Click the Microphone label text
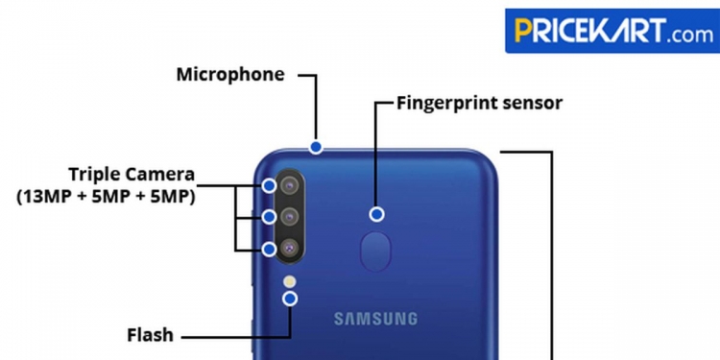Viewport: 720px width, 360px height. (x=230, y=75)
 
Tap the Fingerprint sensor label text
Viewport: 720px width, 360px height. (x=480, y=103)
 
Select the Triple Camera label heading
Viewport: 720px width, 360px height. (x=132, y=175)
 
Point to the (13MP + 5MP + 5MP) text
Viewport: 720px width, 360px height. (x=106, y=197)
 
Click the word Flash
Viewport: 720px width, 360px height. (x=151, y=336)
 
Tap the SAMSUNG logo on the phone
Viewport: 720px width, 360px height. (x=376, y=319)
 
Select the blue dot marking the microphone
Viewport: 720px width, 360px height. (x=315, y=147)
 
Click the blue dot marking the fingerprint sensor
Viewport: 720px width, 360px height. (x=377, y=214)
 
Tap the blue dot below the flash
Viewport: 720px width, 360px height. (x=290, y=299)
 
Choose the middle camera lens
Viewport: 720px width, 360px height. (x=288, y=217)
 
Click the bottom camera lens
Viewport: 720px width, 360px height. (x=288, y=248)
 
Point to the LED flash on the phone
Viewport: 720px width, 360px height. (x=290, y=281)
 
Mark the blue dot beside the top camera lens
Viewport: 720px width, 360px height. (x=270, y=185)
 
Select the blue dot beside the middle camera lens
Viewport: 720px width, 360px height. (x=270, y=217)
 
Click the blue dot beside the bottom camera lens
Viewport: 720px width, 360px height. (x=270, y=249)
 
